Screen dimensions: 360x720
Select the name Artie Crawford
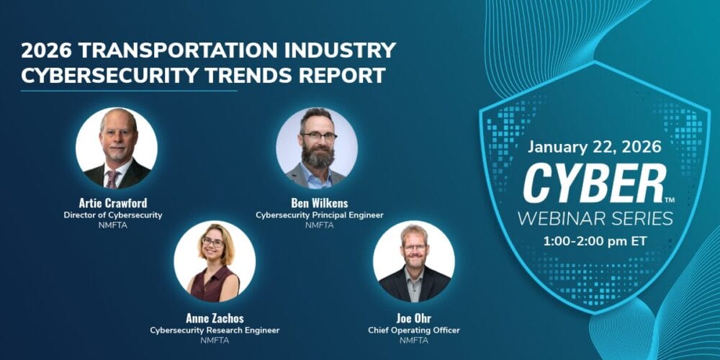pos(116,202)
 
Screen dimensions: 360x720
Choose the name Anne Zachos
pos(215,318)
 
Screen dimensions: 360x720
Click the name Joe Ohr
pos(413,318)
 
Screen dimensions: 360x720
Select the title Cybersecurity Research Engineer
pos(215,330)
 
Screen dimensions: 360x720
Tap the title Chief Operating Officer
pos(413,330)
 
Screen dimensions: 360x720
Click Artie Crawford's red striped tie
pos(113,177)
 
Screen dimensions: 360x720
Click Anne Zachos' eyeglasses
pos(213,243)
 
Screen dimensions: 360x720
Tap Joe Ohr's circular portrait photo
pos(413,261)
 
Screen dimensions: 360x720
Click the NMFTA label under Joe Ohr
pos(413,341)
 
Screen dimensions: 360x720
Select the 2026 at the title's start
pos(45,50)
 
